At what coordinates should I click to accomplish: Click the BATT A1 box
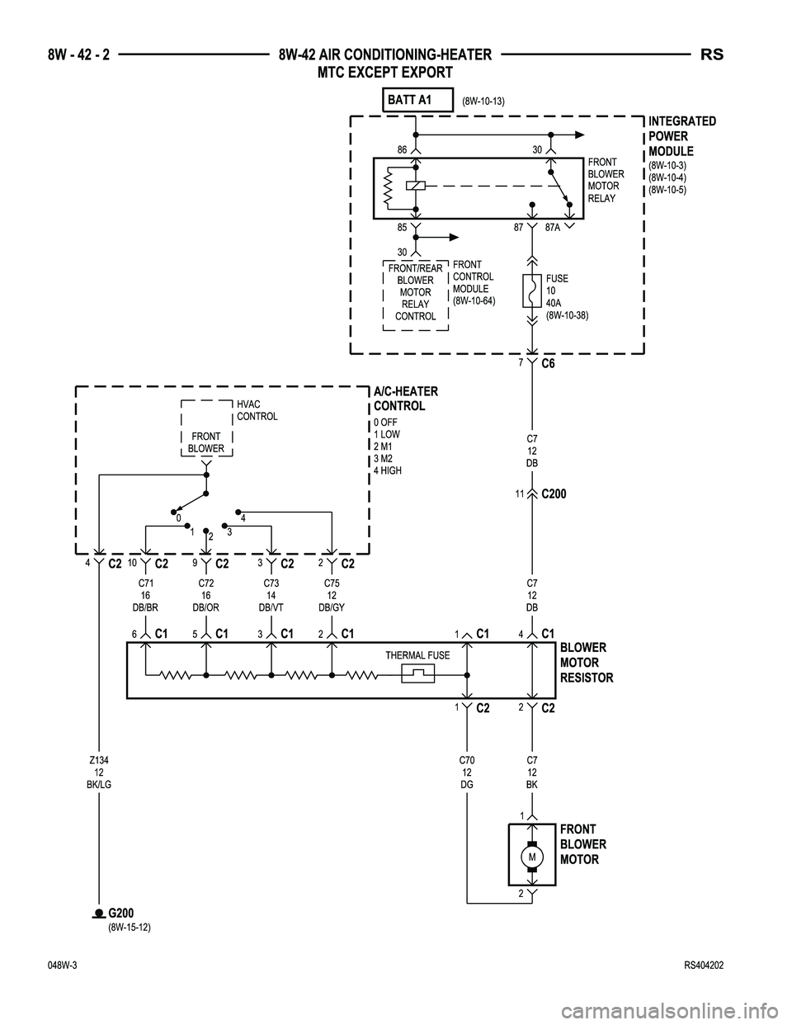[419, 100]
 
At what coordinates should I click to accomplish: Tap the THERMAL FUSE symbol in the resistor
[417, 674]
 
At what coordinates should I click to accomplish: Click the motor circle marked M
[532, 858]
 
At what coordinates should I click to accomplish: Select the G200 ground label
[120, 912]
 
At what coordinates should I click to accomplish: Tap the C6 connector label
[549, 364]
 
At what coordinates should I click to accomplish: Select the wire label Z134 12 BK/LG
[98, 771]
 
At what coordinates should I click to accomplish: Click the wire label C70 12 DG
[467, 771]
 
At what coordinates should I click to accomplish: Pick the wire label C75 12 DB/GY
[332, 594]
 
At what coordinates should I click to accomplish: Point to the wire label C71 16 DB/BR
[145, 594]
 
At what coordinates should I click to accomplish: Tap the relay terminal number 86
[402, 149]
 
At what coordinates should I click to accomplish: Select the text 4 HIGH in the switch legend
[388, 470]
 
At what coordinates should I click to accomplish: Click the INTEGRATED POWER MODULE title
[681, 136]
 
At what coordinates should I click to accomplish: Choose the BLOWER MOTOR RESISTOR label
[586, 663]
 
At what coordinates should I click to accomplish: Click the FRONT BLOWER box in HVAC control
[206, 442]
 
